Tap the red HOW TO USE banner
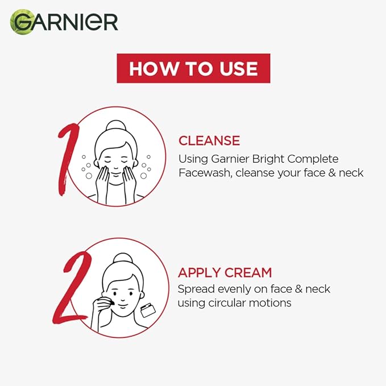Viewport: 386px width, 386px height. (193, 69)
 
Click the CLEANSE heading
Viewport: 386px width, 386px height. (209, 140)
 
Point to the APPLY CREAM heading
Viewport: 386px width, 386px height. (225, 272)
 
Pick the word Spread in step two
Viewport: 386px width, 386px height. (196, 289)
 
